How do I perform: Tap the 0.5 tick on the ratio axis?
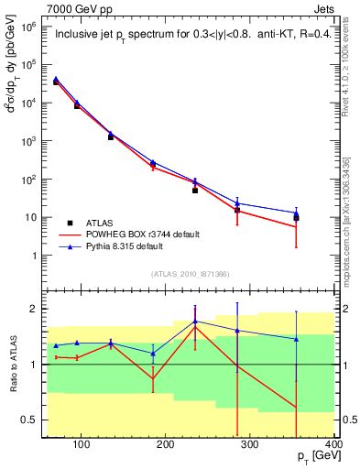coord(31,420)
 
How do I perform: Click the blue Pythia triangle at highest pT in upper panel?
coord(296,213)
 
